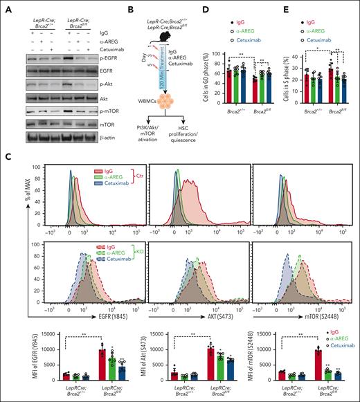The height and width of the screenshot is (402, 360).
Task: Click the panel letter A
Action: pyautogui.click(x=6, y=8)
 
